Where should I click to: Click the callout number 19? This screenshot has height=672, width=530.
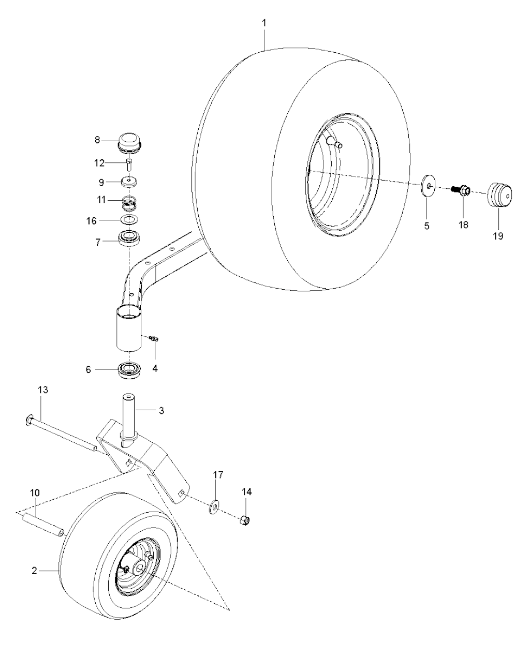498,236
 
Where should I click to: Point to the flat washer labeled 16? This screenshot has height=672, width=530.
129,220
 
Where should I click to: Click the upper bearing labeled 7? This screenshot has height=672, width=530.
129,240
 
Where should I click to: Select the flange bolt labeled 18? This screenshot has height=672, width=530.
461,190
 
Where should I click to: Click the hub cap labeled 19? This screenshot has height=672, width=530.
499,195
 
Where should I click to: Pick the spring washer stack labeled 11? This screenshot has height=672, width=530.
129,203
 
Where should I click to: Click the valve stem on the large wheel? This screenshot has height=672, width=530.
333,142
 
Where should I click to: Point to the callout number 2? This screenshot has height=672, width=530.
34,571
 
